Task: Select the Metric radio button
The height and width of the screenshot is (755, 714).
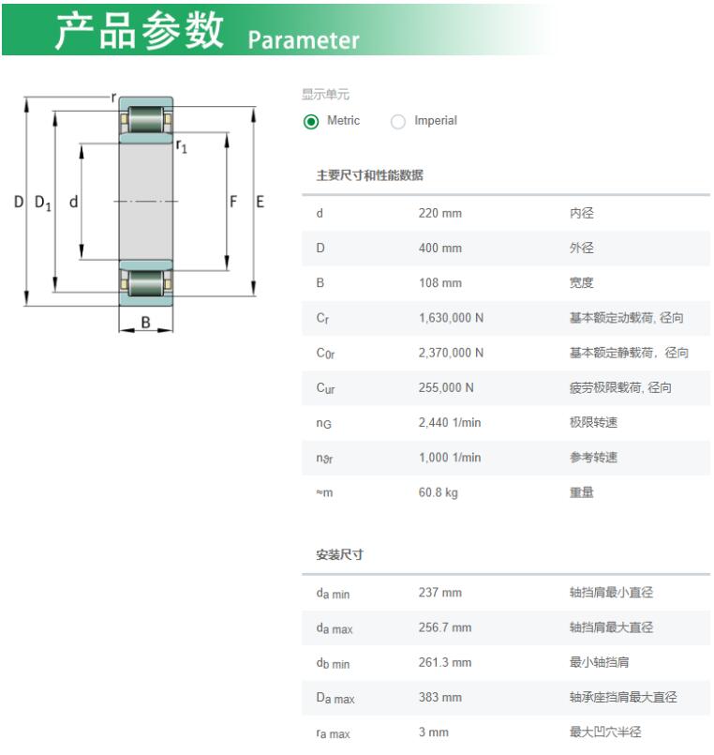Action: [x=311, y=121]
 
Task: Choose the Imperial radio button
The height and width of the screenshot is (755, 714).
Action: [x=398, y=121]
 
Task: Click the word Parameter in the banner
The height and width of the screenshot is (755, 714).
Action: [x=304, y=40]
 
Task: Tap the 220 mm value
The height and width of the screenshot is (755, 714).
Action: [x=439, y=213]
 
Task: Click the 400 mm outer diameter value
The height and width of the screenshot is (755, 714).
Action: [x=439, y=248]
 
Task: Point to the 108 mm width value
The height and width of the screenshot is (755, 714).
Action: [x=439, y=282]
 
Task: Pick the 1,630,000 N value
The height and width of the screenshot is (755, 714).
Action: [x=451, y=318]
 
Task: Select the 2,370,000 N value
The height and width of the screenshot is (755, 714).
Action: [x=451, y=353]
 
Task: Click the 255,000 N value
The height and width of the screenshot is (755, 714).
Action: [x=446, y=387]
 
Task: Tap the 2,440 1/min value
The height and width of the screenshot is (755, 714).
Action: [x=450, y=423]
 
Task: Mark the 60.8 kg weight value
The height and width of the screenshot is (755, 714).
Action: [x=438, y=492]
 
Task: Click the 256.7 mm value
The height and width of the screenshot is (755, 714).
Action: [x=444, y=627]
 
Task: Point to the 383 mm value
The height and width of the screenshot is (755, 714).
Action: [x=439, y=697]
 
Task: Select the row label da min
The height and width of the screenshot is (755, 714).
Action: [x=333, y=593]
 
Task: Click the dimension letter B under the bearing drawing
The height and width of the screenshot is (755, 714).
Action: [x=146, y=322]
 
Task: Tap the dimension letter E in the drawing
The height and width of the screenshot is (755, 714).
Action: [x=260, y=202]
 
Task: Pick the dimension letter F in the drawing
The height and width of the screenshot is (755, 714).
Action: [x=233, y=202]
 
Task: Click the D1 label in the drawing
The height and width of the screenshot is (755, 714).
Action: [x=43, y=203]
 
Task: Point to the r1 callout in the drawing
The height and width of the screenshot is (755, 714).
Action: [x=182, y=146]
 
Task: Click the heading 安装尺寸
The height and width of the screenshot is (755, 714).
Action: [x=340, y=554]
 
